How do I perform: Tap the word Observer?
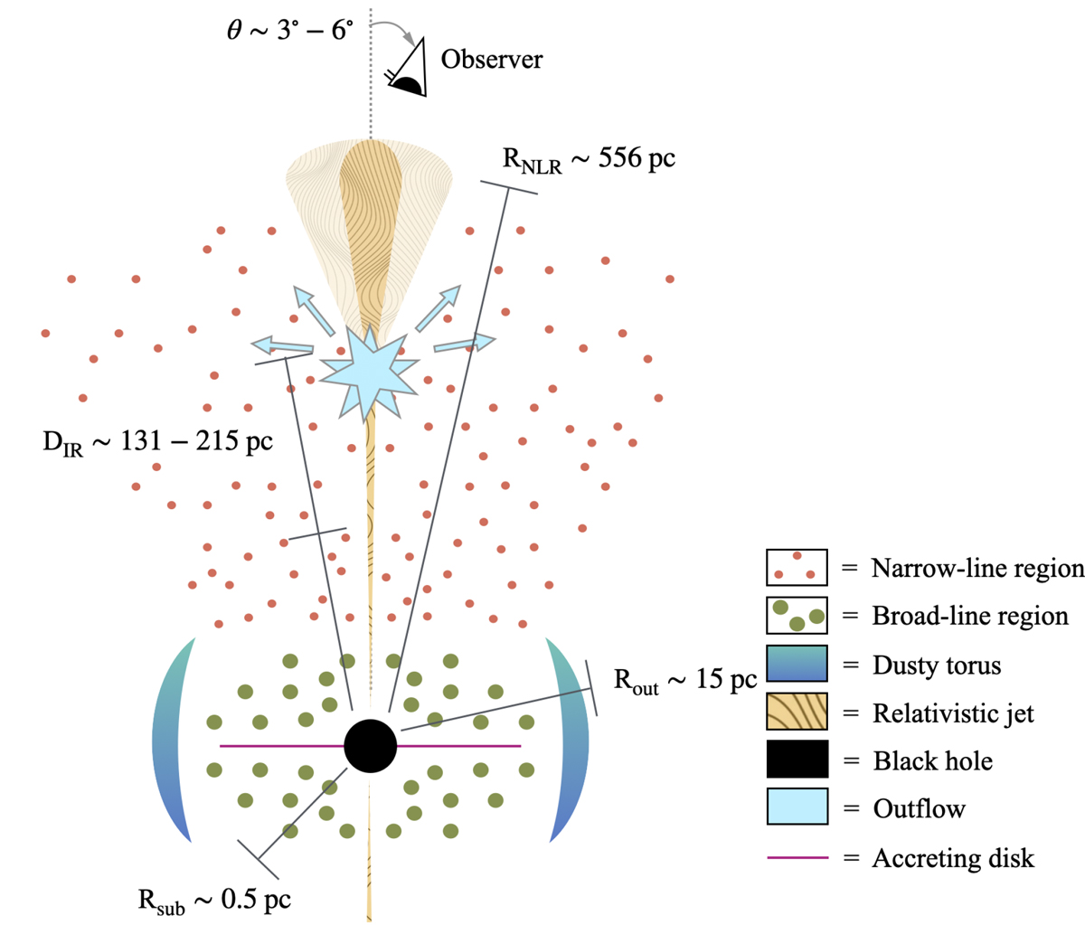tap(492, 60)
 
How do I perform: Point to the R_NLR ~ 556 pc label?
tap(589, 159)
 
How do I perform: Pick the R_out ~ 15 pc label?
tap(684, 680)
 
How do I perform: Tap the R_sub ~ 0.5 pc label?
tap(214, 900)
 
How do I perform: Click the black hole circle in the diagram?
tap(371, 746)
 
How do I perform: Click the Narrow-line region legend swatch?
tap(797, 567)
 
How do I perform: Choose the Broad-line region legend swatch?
tap(797, 616)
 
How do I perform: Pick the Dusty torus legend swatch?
tap(797, 665)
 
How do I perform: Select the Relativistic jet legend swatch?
tap(797, 713)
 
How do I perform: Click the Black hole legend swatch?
tap(797, 760)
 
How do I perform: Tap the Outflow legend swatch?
tap(797, 807)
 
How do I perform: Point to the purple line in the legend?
tap(797, 857)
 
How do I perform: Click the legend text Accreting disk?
tap(953, 857)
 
